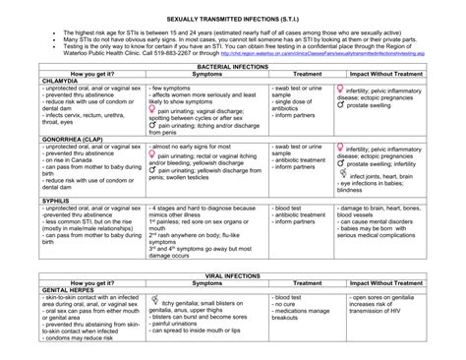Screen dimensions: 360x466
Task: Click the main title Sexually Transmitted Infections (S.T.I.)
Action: (x=233, y=19)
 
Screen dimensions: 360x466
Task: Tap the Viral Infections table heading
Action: (x=233, y=273)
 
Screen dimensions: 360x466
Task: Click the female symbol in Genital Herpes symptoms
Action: (x=155, y=301)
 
